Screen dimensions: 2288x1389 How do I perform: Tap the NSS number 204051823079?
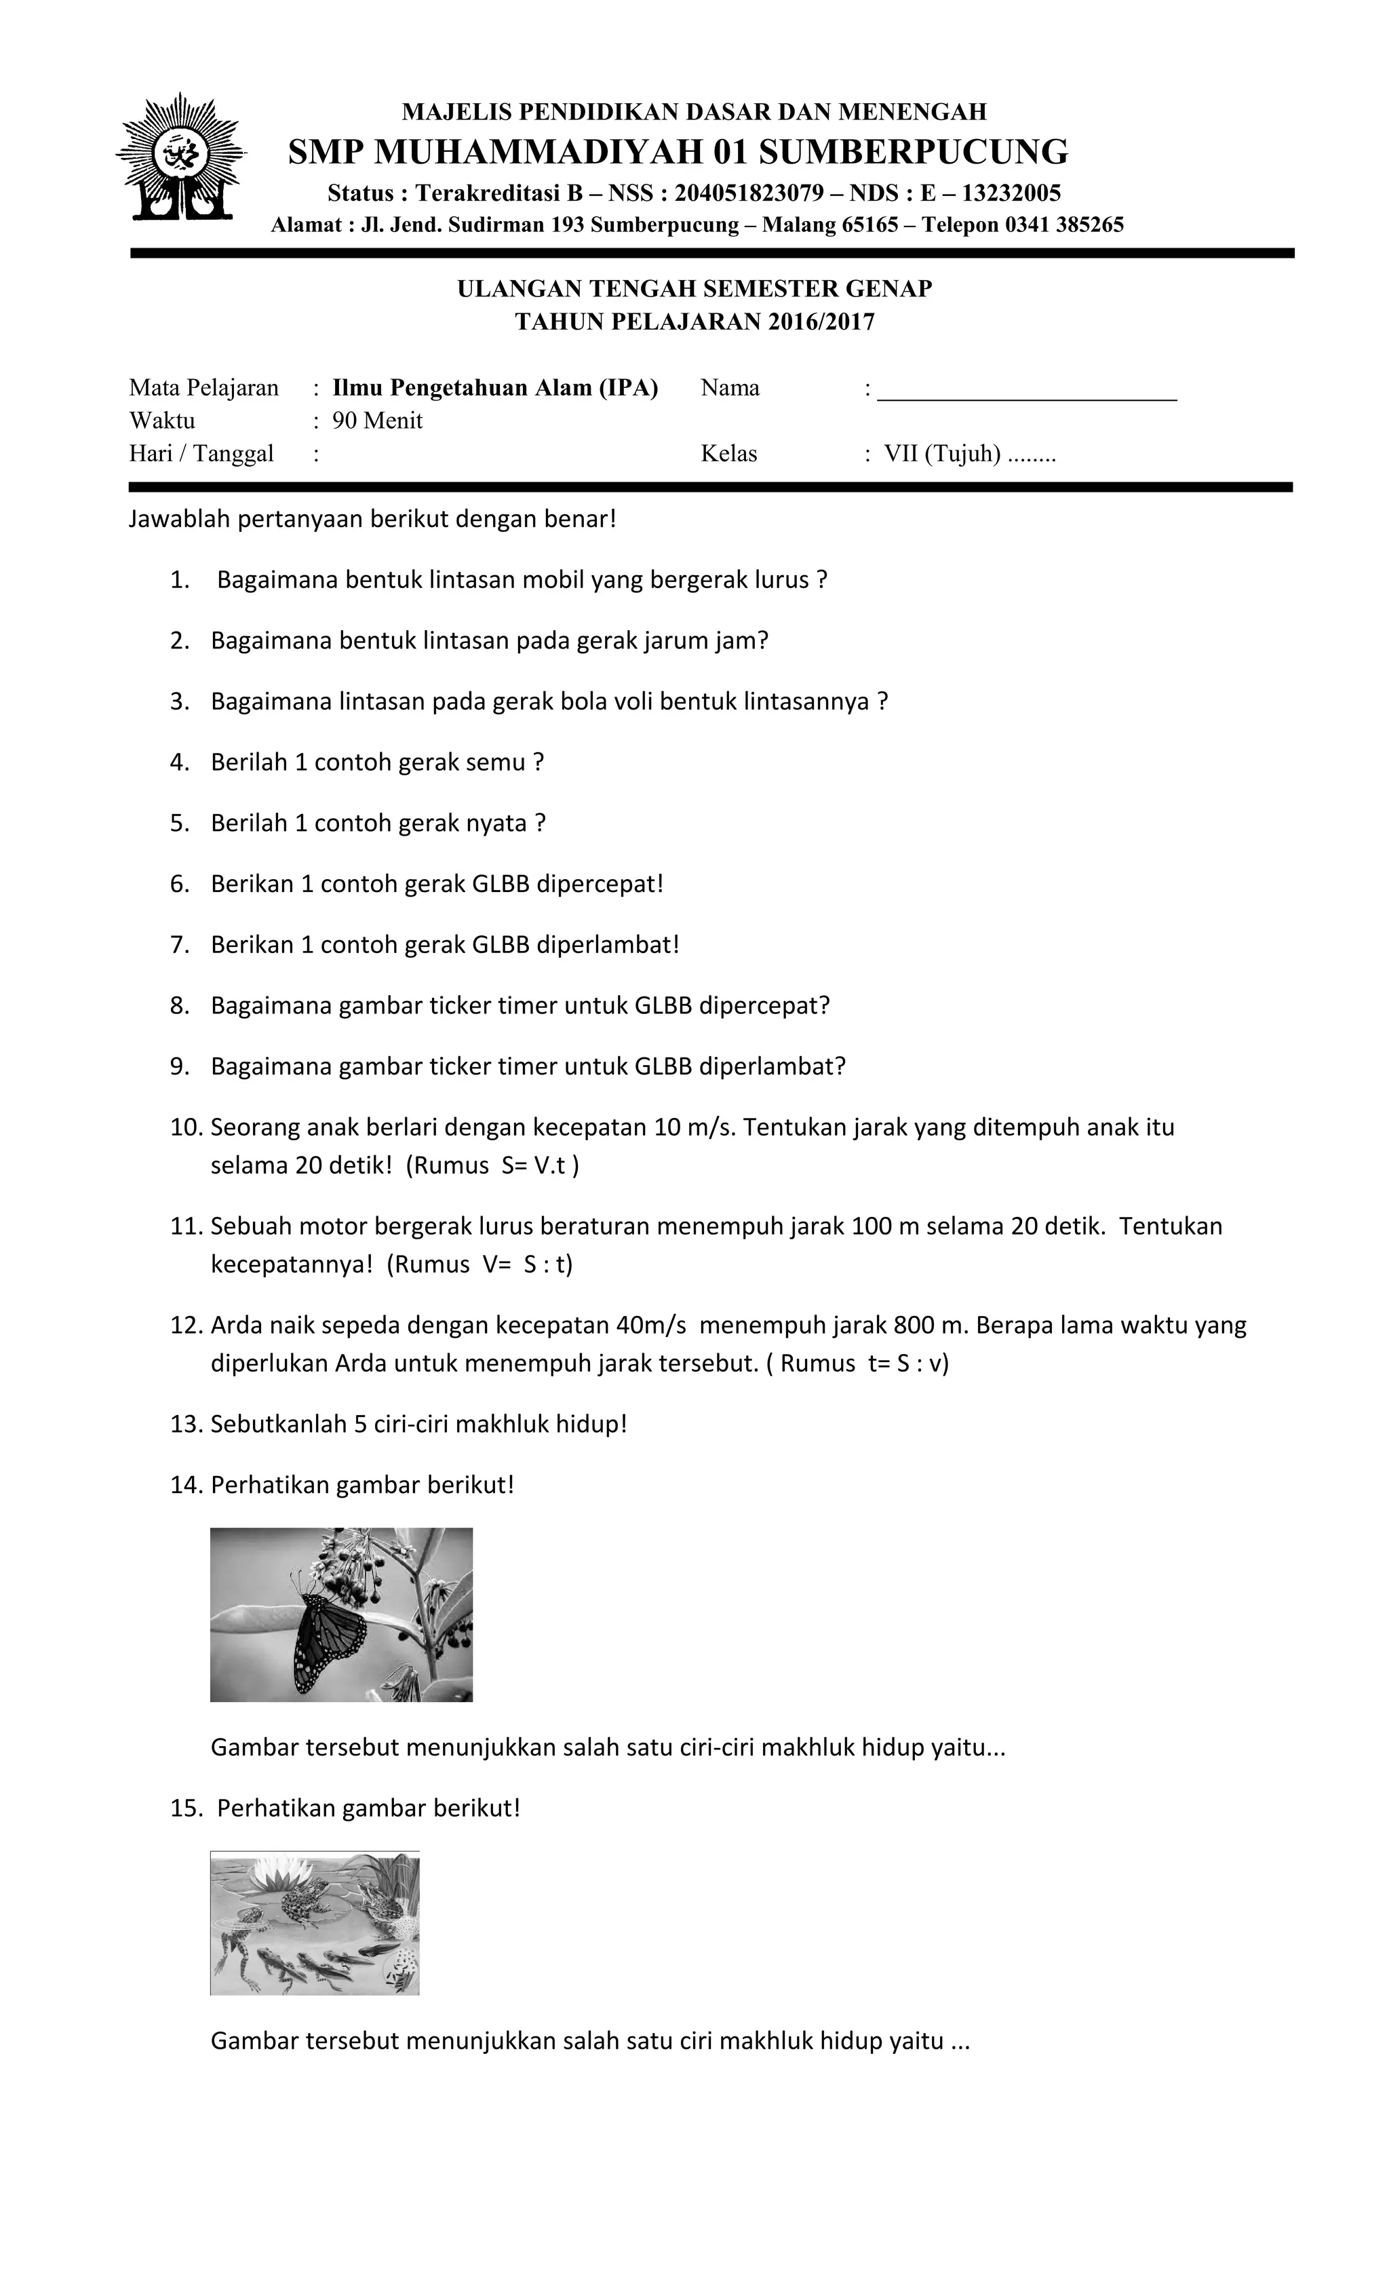pyautogui.click(x=748, y=193)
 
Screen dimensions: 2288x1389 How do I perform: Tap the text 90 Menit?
pyautogui.click(x=377, y=421)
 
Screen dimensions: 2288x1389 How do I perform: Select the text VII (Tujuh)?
pyautogui.click(x=941, y=454)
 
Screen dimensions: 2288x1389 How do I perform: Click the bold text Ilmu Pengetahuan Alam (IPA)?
pyautogui.click(x=495, y=388)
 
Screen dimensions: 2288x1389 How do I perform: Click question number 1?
pyautogui.click(x=180, y=581)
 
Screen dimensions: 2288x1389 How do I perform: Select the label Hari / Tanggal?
pyautogui.click(x=201, y=454)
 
